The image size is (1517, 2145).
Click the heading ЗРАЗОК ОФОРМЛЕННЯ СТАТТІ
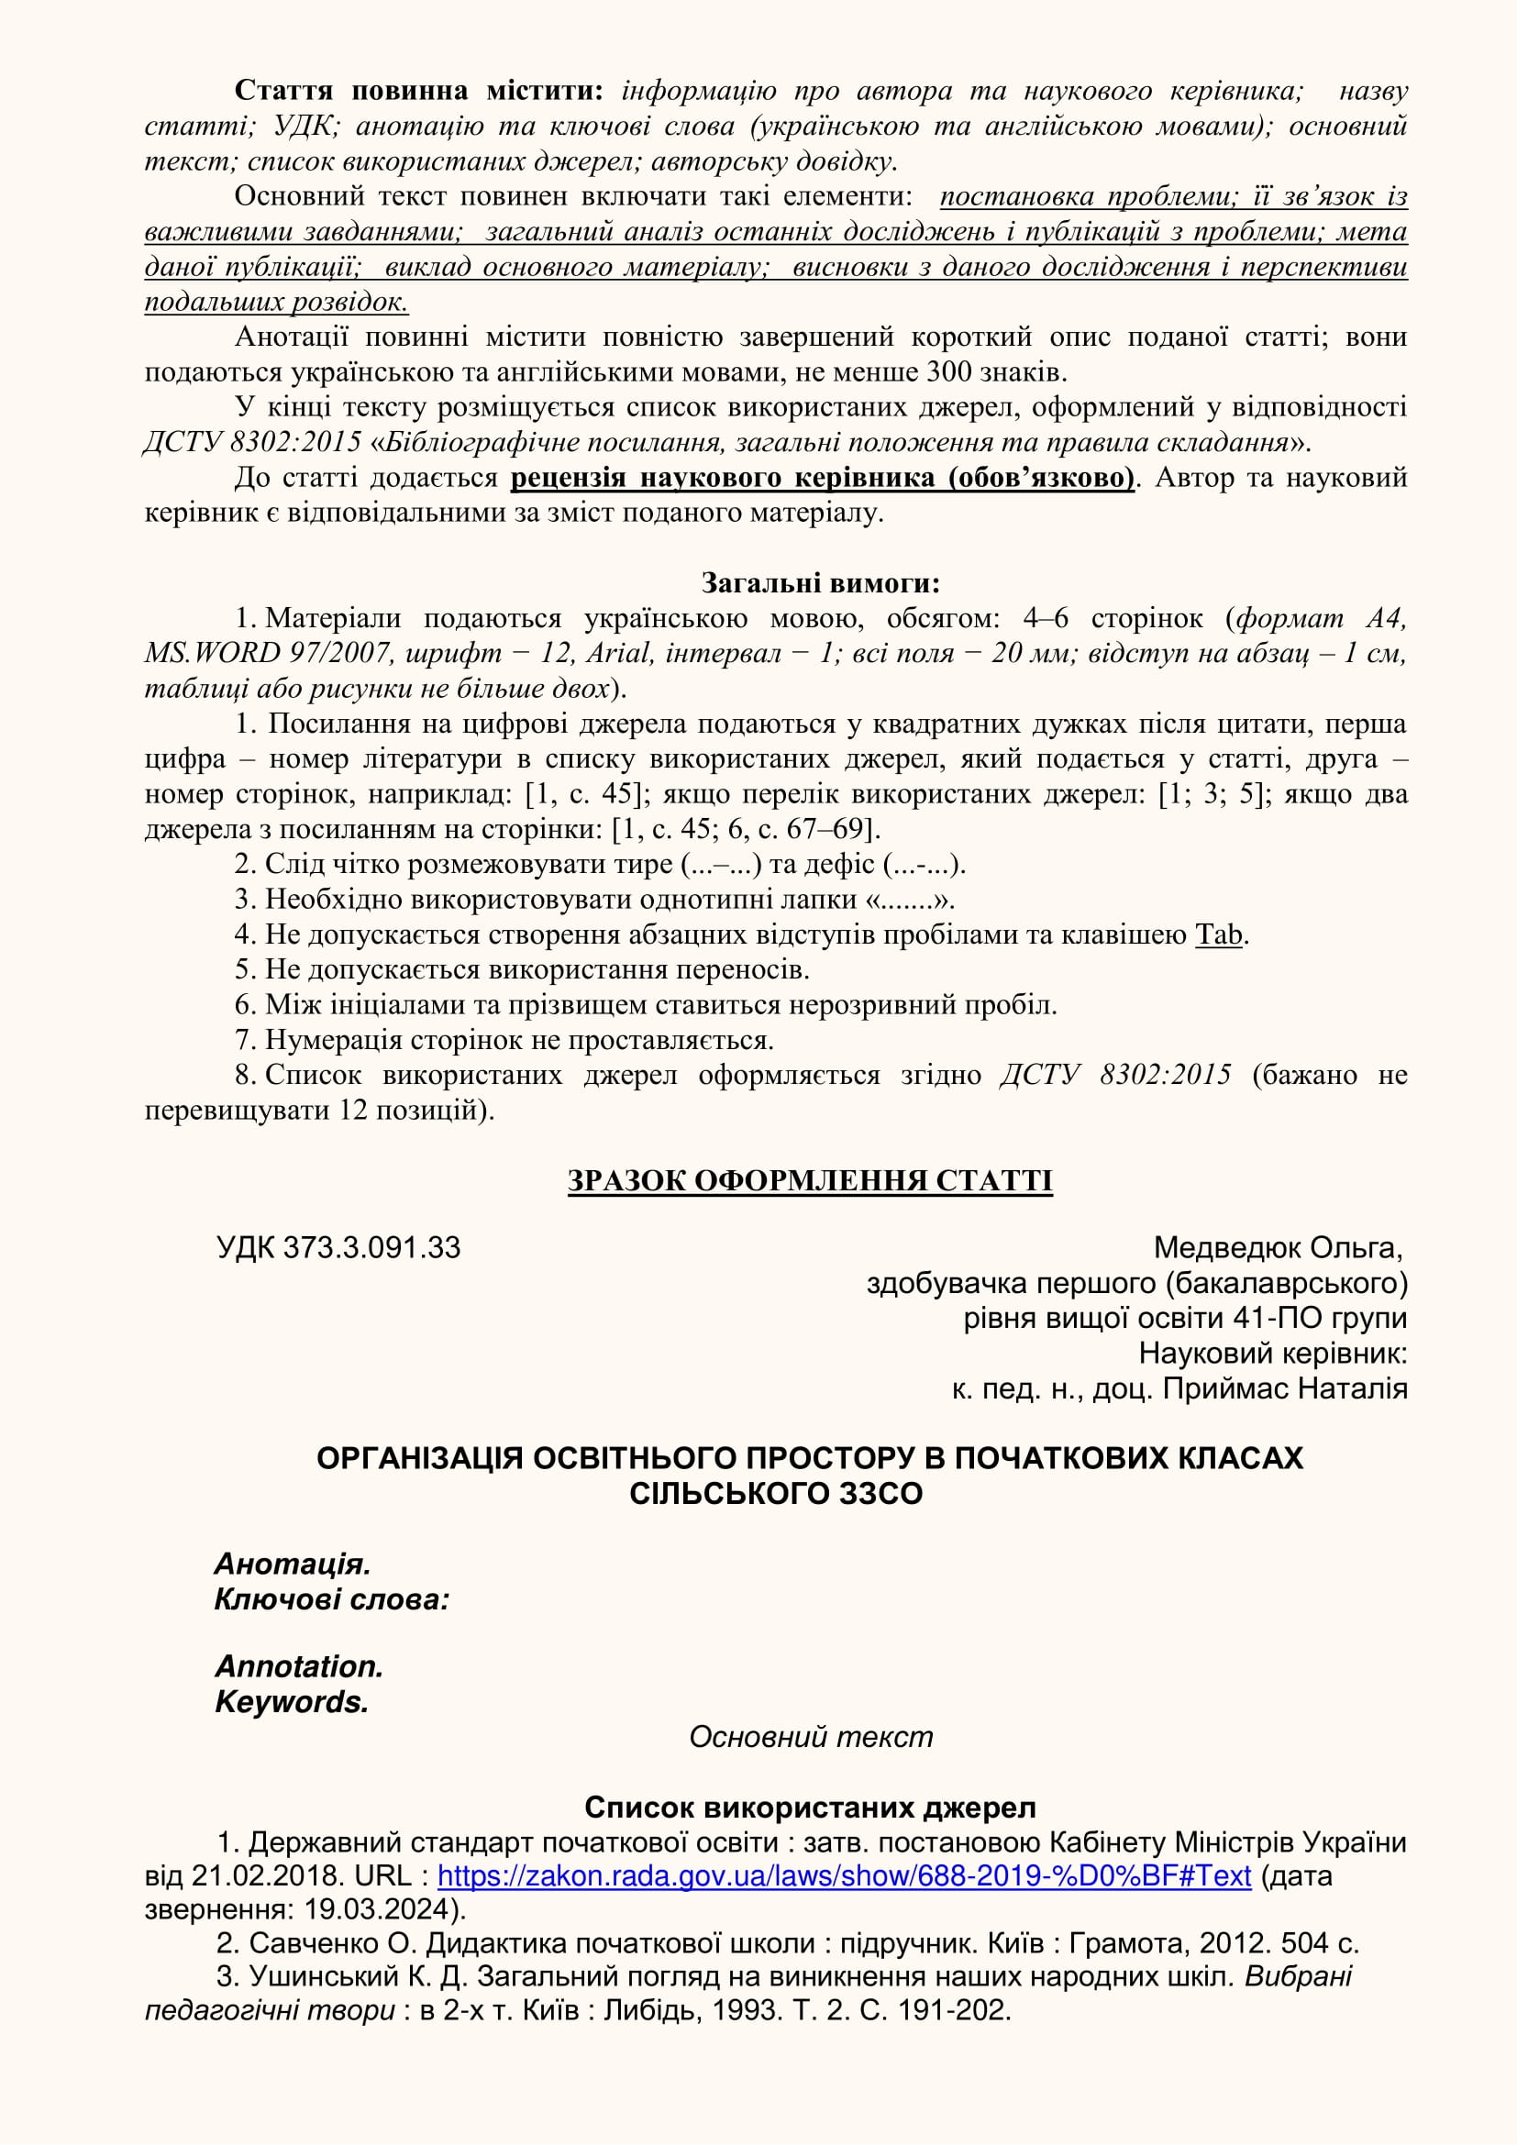point(809,1181)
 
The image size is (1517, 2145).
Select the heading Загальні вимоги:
point(819,583)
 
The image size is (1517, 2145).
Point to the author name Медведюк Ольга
point(1277,1248)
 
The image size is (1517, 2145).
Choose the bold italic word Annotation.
point(298,1666)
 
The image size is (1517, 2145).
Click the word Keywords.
point(291,1702)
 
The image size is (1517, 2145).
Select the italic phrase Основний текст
point(810,1737)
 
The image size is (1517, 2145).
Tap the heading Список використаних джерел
point(809,1808)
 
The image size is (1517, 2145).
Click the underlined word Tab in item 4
point(1218,934)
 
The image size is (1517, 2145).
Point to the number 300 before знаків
point(949,371)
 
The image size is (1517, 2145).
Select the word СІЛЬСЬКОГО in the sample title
point(716,1494)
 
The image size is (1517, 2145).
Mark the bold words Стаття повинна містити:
point(418,91)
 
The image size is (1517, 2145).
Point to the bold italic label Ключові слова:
point(332,1600)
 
